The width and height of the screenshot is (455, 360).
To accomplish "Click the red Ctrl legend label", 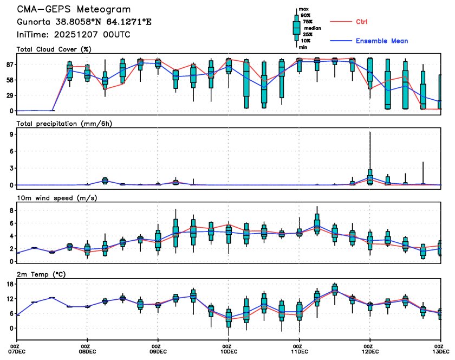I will point(361,22).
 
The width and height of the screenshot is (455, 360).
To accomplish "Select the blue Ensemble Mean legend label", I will point(381,41).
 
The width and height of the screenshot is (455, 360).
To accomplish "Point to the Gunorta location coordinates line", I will point(77,23).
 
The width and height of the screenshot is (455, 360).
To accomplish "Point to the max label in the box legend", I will point(304,9).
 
